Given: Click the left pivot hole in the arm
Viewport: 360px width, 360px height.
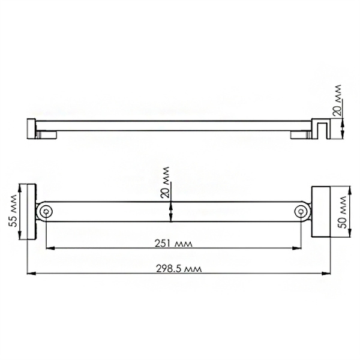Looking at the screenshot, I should pyautogui.click(x=47, y=211).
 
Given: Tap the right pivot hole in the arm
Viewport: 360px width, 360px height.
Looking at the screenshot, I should pyautogui.click(x=303, y=211).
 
